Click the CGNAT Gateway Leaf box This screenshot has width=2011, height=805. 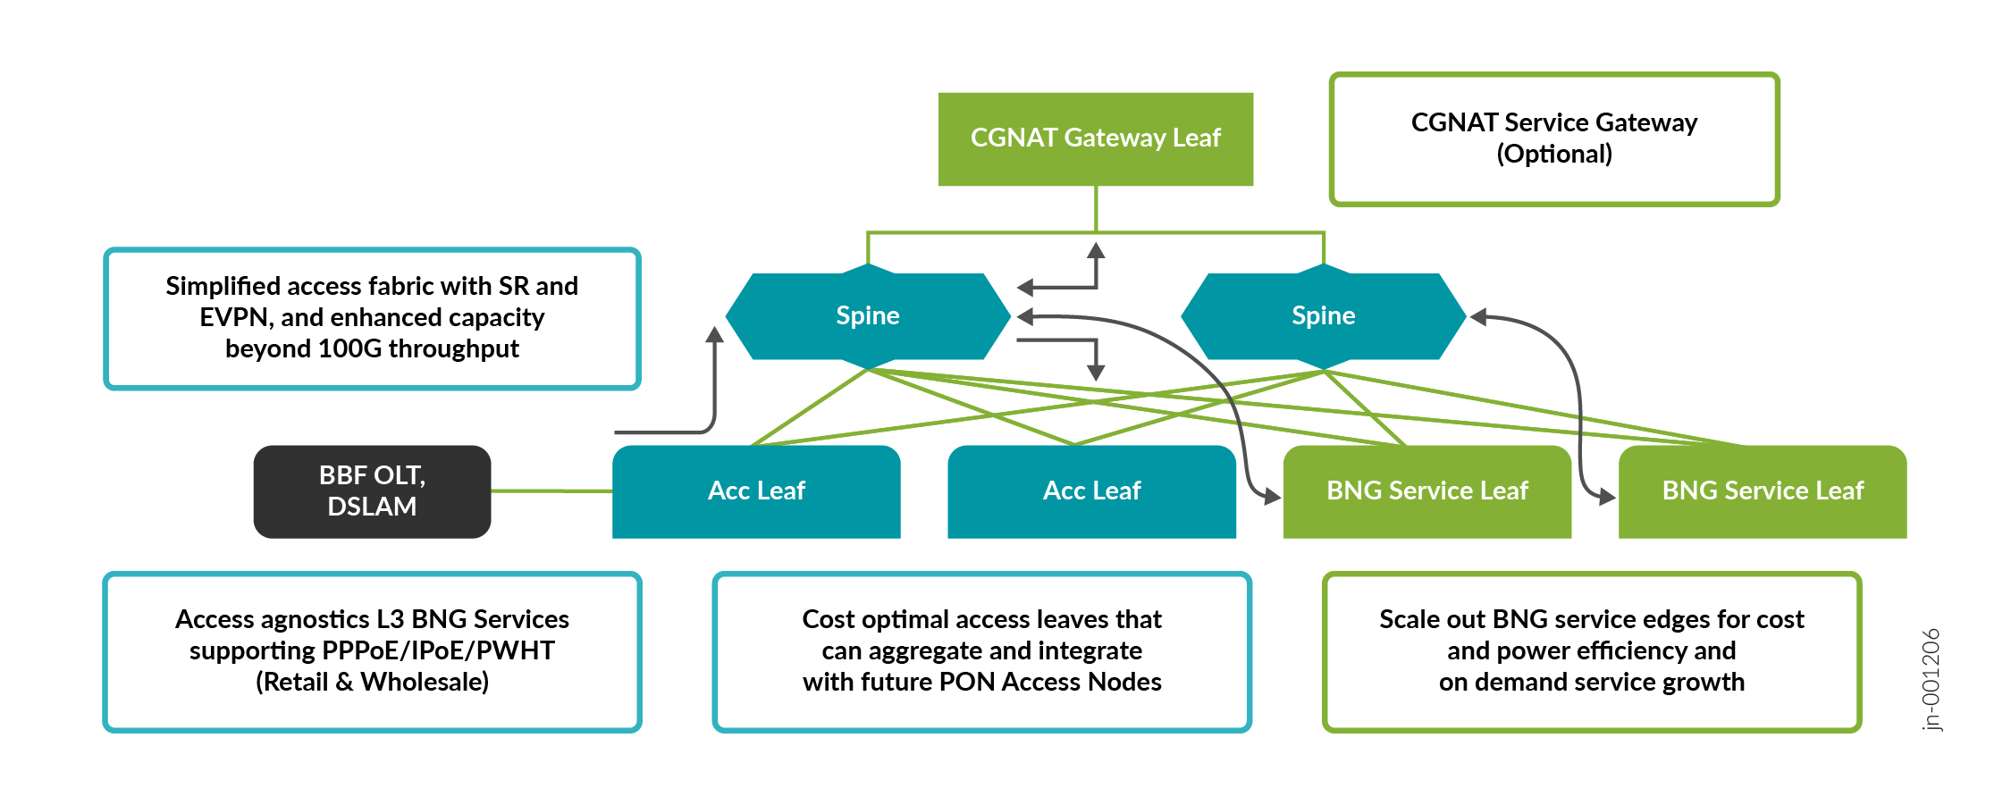1095,138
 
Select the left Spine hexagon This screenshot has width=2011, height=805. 867,315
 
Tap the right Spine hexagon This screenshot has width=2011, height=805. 1323,315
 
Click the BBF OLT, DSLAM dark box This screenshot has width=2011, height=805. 372,491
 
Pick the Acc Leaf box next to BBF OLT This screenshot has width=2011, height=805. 756,491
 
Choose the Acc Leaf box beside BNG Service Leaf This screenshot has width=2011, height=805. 1091,491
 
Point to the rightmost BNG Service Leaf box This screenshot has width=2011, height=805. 1763,491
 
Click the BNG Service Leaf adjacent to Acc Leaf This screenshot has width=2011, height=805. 1427,491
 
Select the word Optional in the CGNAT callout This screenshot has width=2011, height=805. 1554,154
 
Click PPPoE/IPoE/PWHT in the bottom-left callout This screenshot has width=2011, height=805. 372,650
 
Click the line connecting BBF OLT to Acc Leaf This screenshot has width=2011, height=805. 551,491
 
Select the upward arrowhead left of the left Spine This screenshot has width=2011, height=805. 714,335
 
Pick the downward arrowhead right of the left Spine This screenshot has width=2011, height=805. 1096,372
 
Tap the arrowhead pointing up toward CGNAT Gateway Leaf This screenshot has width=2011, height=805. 1096,251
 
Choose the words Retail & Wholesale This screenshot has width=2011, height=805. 372,683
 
